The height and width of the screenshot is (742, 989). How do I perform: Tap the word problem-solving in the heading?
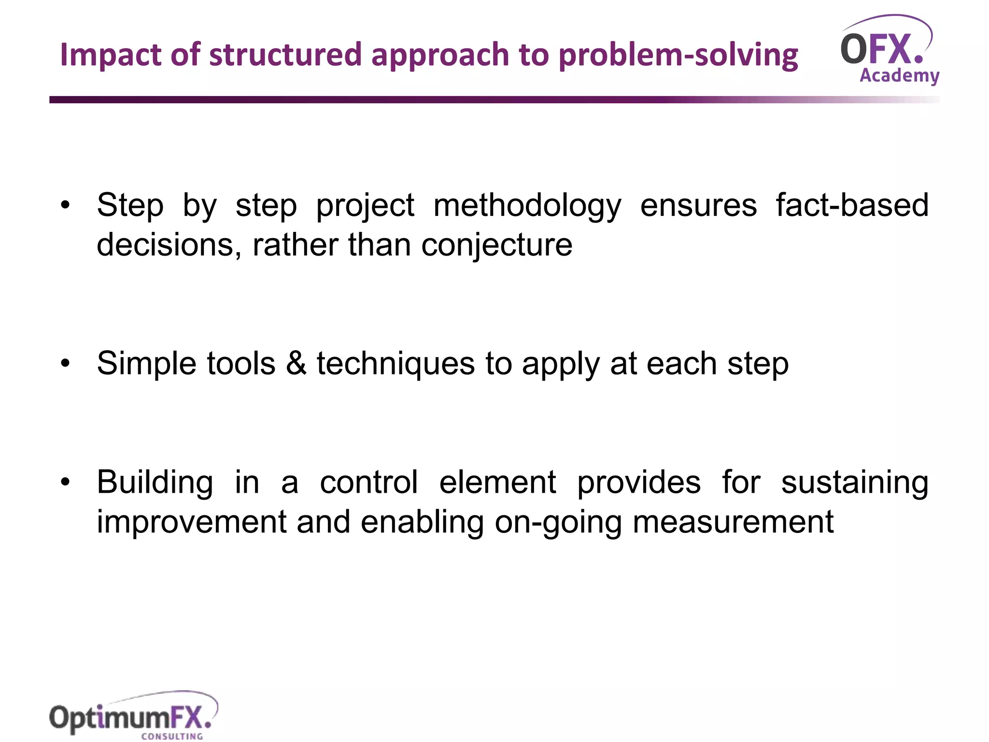point(678,55)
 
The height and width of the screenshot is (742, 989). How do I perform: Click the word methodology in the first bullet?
point(527,206)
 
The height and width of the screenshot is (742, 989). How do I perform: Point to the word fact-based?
point(852,205)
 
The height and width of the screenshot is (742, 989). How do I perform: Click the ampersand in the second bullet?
point(296,363)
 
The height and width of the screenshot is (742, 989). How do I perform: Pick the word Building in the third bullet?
point(155,483)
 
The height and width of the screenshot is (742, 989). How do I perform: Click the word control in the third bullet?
point(368,482)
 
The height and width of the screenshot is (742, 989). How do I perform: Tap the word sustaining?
point(855,483)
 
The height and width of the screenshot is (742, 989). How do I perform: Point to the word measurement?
point(733,522)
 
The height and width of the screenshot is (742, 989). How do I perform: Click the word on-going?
point(558,523)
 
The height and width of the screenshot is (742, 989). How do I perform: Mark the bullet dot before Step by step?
point(65,206)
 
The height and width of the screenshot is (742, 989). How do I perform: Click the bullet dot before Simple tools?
point(65,364)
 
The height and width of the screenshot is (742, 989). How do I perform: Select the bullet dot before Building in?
point(65,482)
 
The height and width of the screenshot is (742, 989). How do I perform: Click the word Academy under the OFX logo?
point(899,76)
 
